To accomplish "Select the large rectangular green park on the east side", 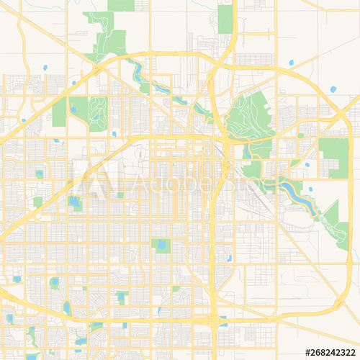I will pos(333,158).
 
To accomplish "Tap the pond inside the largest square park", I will pos(161,245).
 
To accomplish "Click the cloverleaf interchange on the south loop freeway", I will pos(215,317).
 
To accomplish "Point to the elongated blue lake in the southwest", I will pos(67,307).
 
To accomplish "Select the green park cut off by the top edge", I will pos(120,5).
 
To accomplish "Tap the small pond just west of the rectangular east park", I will pos(307,164).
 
